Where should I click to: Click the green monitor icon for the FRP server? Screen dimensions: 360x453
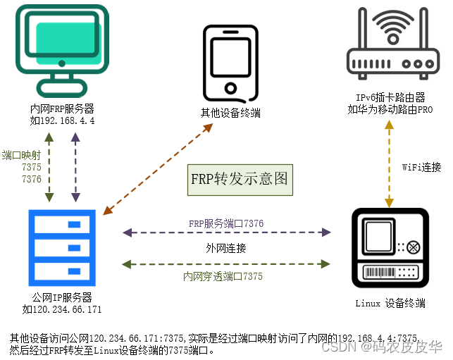coord(62,49)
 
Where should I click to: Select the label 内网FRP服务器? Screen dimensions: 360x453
coord(62,109)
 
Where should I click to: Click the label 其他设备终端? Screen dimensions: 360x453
coord(230,113)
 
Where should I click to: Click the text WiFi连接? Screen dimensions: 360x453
coord(421,167)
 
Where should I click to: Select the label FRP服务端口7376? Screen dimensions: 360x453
coord(226,223)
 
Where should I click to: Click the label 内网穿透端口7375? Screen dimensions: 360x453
coord(223,277)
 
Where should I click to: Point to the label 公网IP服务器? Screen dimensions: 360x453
coord(62,297)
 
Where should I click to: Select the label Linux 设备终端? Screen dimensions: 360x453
coord(390,303)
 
